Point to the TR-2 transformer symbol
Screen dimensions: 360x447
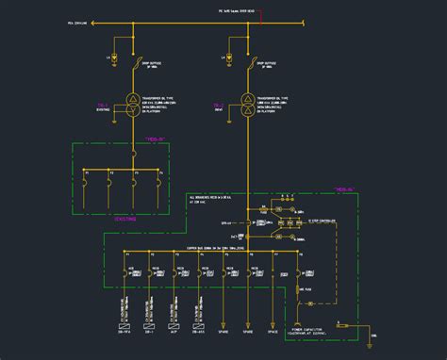coord(247,106)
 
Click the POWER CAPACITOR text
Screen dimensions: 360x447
coord(320,304)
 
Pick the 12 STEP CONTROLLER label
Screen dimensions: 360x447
coord(322,221)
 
